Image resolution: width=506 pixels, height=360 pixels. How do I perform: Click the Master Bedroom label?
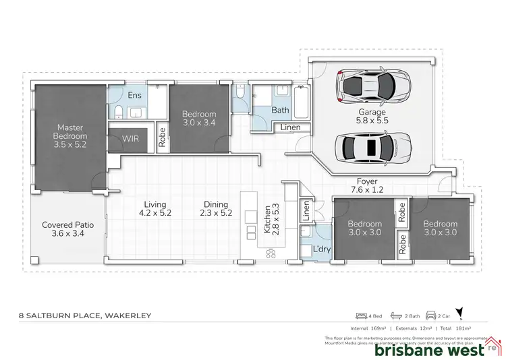coord(69,131)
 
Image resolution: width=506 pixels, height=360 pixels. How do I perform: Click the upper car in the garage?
coord(368,86)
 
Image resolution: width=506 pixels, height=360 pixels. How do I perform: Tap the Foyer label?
coord(368,186)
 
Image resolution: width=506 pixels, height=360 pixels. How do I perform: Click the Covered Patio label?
coord(66,229)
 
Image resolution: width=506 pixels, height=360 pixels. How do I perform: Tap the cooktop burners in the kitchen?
coord(273,253)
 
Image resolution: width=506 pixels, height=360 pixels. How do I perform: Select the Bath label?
coord(280,110)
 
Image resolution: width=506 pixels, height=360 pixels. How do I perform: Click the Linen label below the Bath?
coord(291,127)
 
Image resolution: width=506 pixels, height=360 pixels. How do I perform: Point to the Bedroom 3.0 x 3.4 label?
coord(199,119)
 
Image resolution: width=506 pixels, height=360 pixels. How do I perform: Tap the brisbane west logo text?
coord(429,350)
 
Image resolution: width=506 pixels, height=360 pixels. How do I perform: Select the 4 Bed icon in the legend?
coord(368,315)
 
